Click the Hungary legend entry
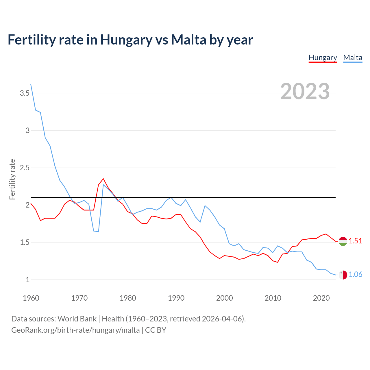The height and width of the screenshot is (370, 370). click(323, 58)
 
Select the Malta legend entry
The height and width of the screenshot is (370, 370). click(353, 58)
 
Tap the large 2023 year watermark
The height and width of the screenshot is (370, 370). click(305, 91)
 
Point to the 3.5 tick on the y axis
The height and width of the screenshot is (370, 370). click(25, 93)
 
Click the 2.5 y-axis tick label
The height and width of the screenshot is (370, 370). click(25, 168)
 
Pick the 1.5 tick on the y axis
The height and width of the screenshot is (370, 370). click(25, 242)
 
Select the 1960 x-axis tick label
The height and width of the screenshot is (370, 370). click(31, 298)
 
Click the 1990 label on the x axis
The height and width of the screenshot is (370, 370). click(176, 298)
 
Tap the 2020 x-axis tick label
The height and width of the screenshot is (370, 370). click(321, 298)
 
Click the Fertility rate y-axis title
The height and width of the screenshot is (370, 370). click(12, 179)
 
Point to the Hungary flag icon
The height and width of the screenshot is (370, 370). click(343, 241)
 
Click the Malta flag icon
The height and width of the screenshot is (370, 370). click(343, 275)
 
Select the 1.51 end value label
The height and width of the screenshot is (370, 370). click(355, 241)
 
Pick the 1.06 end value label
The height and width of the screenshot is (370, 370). click(355, 274)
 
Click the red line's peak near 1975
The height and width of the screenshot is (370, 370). click(103, 179)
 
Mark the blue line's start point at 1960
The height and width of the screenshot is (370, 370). click(31, 84)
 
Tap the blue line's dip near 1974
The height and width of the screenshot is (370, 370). click(98, 232)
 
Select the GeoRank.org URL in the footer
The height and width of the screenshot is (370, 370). click(75, 330)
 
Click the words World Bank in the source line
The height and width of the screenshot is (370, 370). click(77, 319)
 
